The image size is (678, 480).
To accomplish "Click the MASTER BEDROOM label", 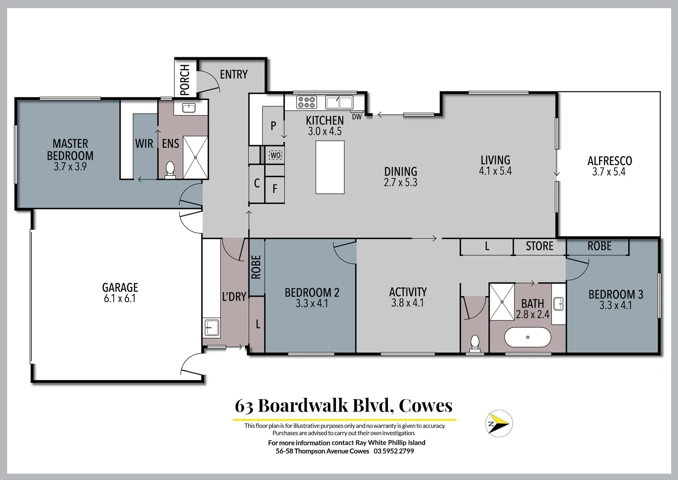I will tap(70, 150).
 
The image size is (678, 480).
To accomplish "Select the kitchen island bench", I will tap(330, 167).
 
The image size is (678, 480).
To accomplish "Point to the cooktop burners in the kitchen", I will tap(307, 102).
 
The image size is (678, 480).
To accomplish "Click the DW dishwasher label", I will tap(357, 117).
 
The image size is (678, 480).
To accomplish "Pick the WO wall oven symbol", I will tap(276, 155).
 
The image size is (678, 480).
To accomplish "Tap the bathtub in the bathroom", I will tap(528, 337).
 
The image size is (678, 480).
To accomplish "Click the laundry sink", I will tap(212, 328).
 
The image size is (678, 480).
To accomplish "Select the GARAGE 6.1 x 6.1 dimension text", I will tap(120, 299).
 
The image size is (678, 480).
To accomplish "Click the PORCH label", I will tap(185, 80).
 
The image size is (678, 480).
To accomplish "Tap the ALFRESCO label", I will tap(609, 161).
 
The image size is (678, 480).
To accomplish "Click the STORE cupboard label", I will tap(539, 246).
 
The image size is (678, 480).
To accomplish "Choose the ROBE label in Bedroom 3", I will tap(599, 246).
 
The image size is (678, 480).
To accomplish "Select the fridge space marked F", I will tap(275, 189).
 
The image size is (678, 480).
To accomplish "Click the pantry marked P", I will tap(273, 126).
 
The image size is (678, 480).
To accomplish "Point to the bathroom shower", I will tap(502, 301).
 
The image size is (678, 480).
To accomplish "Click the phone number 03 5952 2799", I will tap(394, 451).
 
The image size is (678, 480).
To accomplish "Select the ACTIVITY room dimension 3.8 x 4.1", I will tap(407, 303).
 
